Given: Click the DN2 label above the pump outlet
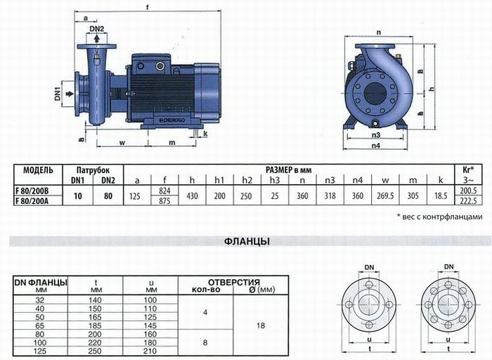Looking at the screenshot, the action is tap(97, 29).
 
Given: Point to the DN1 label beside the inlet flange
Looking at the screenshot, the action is tap(58, 94).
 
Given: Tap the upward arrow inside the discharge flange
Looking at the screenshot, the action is tap(97, 38).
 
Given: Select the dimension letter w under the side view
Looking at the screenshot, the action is tap(122, 143).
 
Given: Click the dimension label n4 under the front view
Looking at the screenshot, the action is tap(375, 146).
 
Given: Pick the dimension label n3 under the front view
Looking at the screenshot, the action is tap(375, 135).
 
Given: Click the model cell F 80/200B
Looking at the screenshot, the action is tap(32, 191).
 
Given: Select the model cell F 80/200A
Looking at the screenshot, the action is tap(32, 200).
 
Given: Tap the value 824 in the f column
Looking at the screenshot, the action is tap(164, 191).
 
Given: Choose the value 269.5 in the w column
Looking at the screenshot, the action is tap(385, 196).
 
